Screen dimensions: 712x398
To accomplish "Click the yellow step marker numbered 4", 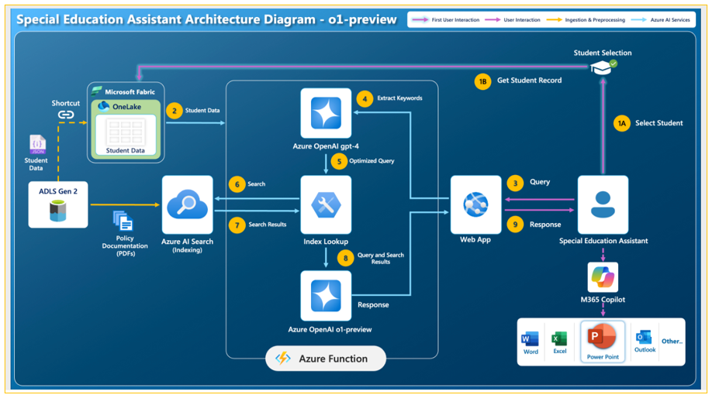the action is pos(365,98).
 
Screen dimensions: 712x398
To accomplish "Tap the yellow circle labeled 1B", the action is pos(482,81).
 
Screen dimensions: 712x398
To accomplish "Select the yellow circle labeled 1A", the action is pos(621,123).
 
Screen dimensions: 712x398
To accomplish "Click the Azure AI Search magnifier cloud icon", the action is pos(188,204).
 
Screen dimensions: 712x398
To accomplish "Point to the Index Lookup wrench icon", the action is pos(326,205).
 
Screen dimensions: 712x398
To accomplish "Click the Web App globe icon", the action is pos(475,204).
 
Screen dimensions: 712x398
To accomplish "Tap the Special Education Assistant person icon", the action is pos(603,204).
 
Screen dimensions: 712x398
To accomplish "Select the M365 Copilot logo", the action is pos(603,277).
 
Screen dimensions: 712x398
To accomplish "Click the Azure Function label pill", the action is pos(326,359).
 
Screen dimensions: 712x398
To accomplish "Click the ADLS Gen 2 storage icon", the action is pos(58,211).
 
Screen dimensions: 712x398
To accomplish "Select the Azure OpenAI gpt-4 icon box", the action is pos(326,113).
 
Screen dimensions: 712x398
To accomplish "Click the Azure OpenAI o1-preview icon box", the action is pos(326,296).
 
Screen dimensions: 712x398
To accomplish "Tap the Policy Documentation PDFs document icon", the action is pos(123,221).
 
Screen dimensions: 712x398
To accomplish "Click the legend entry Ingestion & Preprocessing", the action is pos(586,20).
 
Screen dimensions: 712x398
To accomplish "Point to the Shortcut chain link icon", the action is pos(66,115).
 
